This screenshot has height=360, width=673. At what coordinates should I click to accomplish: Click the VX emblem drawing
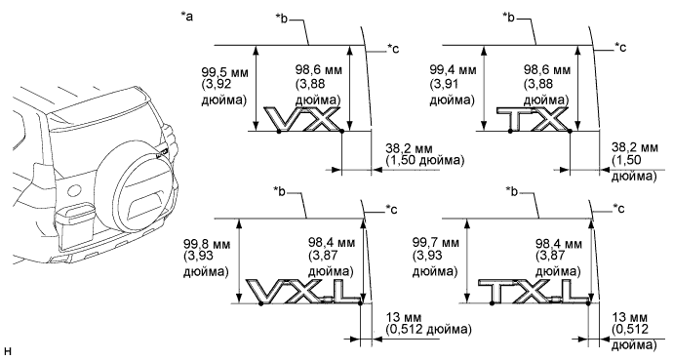pos(302,119)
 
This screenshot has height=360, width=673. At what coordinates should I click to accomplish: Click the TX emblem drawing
pos(533,119)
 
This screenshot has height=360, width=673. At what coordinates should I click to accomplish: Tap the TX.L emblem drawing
pos(534,292)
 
